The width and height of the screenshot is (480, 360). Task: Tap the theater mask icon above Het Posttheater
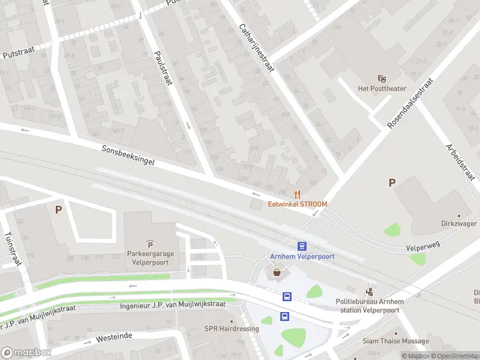[x=381, y=79]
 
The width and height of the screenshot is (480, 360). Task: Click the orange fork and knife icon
[x=297, y=194]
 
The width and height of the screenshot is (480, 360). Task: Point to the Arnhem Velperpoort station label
[x=302, y=256]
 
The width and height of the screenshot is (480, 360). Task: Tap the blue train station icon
[x=302, y=246]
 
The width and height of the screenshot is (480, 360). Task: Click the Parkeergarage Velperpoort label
[x=150, y=258]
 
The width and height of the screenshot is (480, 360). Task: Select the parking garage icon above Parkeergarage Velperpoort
[x=150, y=244]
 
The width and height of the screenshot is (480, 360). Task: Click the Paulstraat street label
[x=163, y=67]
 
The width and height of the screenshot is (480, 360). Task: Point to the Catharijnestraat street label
[x=256, y=48]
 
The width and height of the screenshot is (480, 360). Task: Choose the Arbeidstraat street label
[x=459, y=161]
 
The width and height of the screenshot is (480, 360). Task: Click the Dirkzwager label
[x=459, y=223]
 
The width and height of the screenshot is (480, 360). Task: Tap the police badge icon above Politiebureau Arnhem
[x=371, y=292]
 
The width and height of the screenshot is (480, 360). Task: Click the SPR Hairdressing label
[x=232, y=329]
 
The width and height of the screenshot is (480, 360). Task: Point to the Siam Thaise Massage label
[x=395, y=341]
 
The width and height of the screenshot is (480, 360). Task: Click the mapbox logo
[x=26, y=353]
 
